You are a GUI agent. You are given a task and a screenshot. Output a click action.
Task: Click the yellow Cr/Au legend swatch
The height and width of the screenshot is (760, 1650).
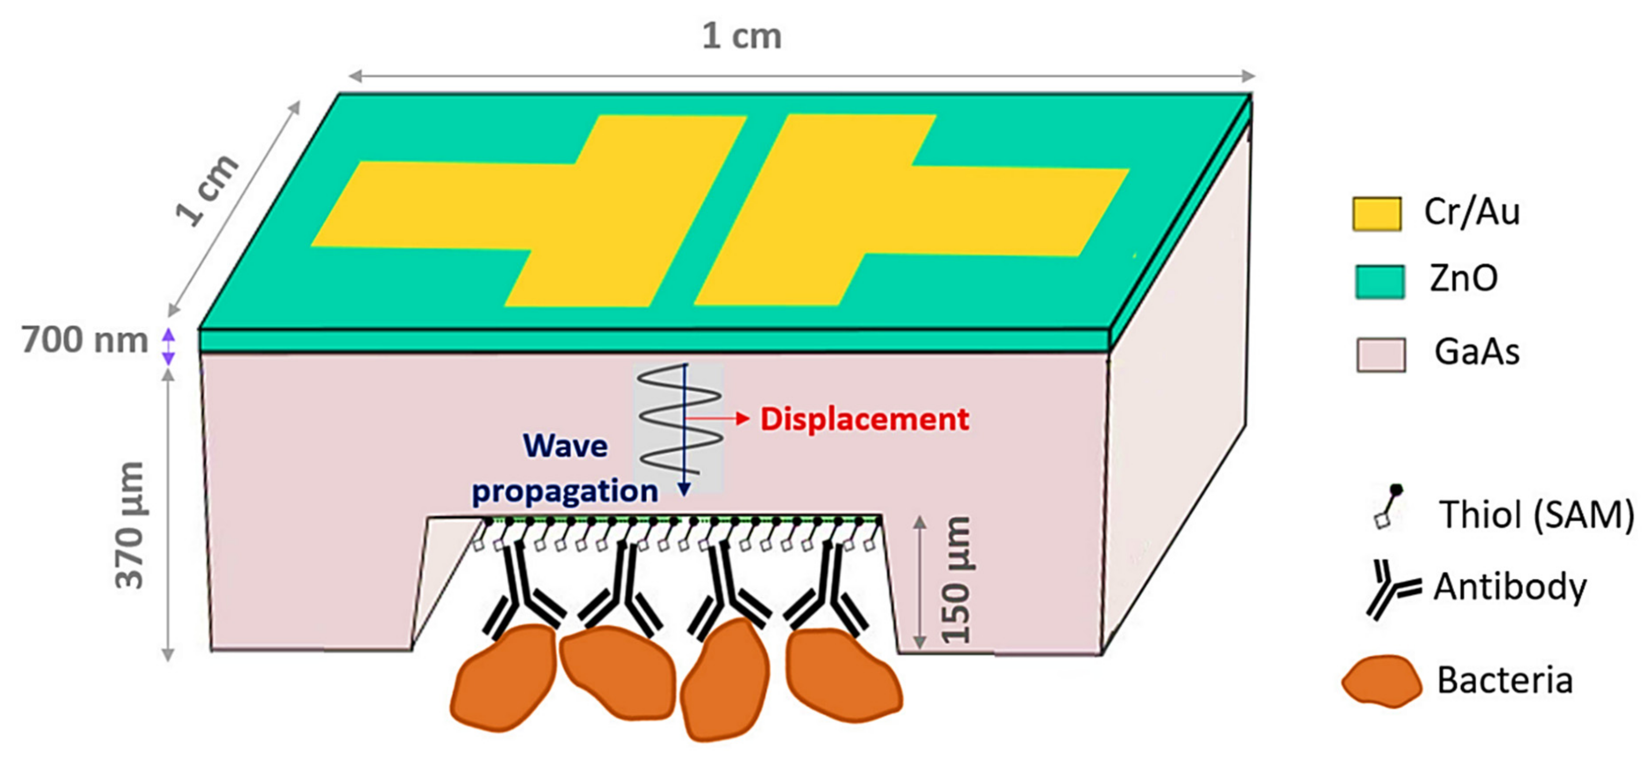point(1376,214)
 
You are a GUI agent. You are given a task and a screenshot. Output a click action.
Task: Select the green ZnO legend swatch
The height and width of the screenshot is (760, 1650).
point(1380,282)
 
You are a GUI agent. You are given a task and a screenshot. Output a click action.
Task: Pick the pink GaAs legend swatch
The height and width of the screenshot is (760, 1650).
point(1381,355)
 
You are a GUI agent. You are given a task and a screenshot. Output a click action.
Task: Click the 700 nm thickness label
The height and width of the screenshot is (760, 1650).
point(84,340)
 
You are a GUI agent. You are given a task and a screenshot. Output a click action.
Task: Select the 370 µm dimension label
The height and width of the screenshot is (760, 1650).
point(129,525)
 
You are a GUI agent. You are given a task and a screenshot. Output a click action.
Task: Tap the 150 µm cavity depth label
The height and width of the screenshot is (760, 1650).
point(956,579)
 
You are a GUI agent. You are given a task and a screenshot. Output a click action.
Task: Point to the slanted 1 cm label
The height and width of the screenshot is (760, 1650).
point(206,190)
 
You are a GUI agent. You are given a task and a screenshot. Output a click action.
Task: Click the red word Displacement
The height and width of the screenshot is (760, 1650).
point(864,420)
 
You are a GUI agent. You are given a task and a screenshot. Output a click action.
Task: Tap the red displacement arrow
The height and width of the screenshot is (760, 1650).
point(717,419)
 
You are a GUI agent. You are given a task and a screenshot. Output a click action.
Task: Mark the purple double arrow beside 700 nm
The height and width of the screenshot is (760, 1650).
point(168,346)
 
